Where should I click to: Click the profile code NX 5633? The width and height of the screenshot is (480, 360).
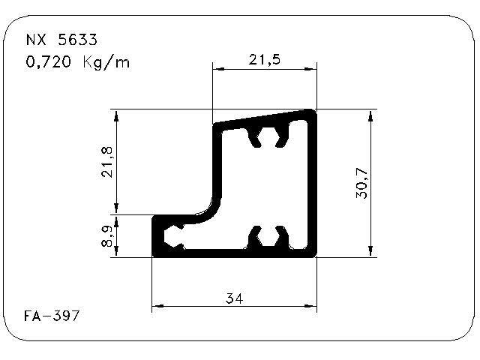pos(61,40)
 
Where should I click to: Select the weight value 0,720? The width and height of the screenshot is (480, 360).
pos(48,61)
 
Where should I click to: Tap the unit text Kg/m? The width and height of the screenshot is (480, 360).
pos(106,62)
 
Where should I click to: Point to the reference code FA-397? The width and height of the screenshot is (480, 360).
pos(52,316)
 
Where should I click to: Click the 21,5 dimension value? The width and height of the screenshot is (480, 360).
pos(265,59)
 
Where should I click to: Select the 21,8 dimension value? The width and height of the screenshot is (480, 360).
pos(107,162)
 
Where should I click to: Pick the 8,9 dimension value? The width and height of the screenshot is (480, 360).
pos(107,236)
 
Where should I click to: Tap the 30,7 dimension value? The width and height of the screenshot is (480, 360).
pos(361,183)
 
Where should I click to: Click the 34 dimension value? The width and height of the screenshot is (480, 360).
pos(234,298)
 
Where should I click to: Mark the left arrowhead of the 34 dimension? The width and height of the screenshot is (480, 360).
pos(158,306)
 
